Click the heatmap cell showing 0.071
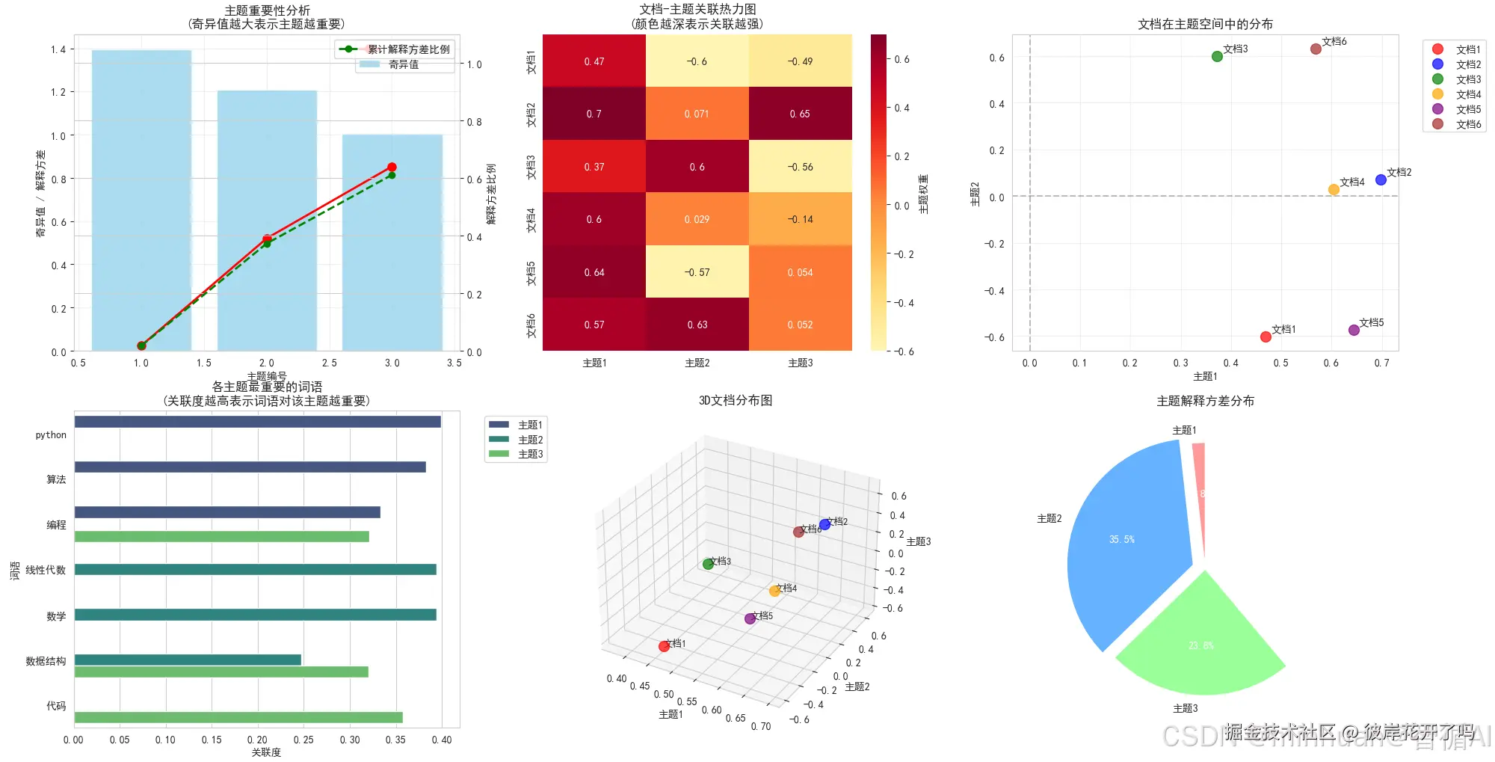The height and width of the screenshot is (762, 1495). click(x=697, y=114)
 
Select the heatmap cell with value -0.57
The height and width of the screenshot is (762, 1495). click(x=697, y=272)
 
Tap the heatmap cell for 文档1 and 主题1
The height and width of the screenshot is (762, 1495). click(x=594, y=61)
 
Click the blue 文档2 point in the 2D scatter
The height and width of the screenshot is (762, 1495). click(x=1381, y=179)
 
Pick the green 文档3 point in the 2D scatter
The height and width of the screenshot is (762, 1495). click(x=1217, y=56)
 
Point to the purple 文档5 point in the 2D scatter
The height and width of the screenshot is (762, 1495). click(x=1354, y=330)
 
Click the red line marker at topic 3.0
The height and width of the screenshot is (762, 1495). click(x=392, y=167)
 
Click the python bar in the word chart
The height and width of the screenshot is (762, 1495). click(x=257, y=422)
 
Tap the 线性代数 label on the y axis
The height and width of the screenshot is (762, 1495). click(x=46, y=570)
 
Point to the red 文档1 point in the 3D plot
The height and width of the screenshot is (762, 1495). click(x=664, y=646)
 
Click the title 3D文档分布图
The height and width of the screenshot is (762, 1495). click(x=736, y=400)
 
